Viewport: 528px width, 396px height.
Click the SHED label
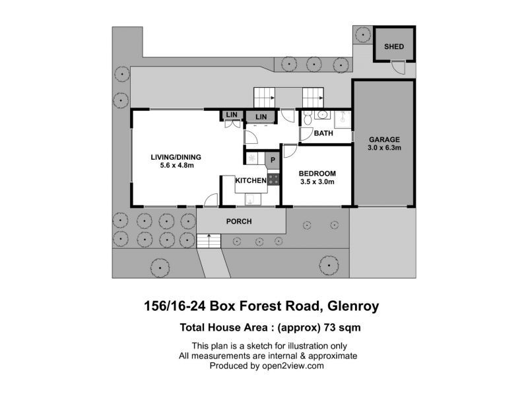(394, 46)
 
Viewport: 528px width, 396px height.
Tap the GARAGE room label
(384, 139)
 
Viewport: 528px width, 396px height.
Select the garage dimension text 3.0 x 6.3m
(384, 147)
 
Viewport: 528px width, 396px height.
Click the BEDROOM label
(317, 174)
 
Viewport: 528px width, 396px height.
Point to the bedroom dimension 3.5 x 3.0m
(317, 182)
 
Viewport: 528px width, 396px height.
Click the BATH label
(323, 133)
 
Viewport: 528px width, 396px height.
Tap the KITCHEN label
(251, 180)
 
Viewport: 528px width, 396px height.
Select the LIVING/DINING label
(176, 157)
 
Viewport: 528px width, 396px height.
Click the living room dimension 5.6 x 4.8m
(177, 166)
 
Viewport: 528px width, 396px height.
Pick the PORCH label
(239, 221)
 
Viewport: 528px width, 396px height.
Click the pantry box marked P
(273, 160)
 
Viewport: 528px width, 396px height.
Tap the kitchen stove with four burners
(273, 179)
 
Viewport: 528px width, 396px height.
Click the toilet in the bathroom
(307, 118)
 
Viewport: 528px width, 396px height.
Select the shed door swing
(399, 67)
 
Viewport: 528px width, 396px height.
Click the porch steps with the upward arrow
(209, 241)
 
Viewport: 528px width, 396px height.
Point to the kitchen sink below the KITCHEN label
(251, 199)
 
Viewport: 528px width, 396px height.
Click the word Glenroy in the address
(353, 306)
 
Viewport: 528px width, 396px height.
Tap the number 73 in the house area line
(329, 327)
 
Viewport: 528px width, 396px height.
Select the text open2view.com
(292, 366)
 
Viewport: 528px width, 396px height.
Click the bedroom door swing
(289, 151)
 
